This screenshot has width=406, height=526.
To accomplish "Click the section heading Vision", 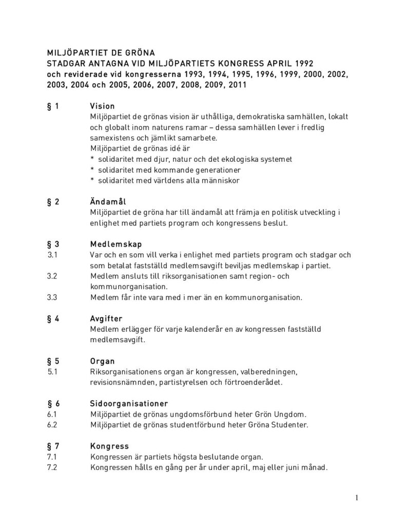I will [102, 106].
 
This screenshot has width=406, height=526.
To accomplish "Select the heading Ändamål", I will [108, 201].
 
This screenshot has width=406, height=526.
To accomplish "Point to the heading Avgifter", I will [106, 318].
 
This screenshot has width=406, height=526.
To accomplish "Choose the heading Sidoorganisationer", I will [129, 403].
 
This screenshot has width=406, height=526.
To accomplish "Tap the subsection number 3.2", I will [52, 276].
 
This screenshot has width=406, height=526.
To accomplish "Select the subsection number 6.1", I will [51, 414].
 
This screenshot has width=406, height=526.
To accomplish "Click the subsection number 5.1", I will [51, 371].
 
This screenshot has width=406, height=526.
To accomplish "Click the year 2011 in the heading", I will [236, 85].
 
